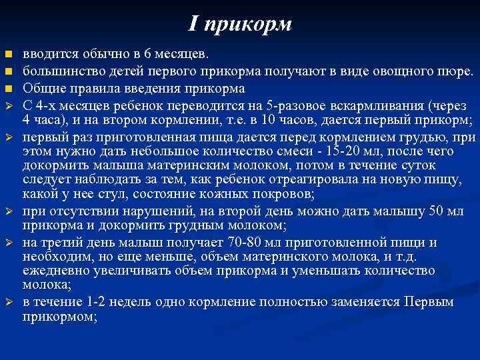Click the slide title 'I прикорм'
240,25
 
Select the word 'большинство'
61,71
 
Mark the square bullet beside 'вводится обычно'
9,54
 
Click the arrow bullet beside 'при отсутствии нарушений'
9,212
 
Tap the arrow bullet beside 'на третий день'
9,243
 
